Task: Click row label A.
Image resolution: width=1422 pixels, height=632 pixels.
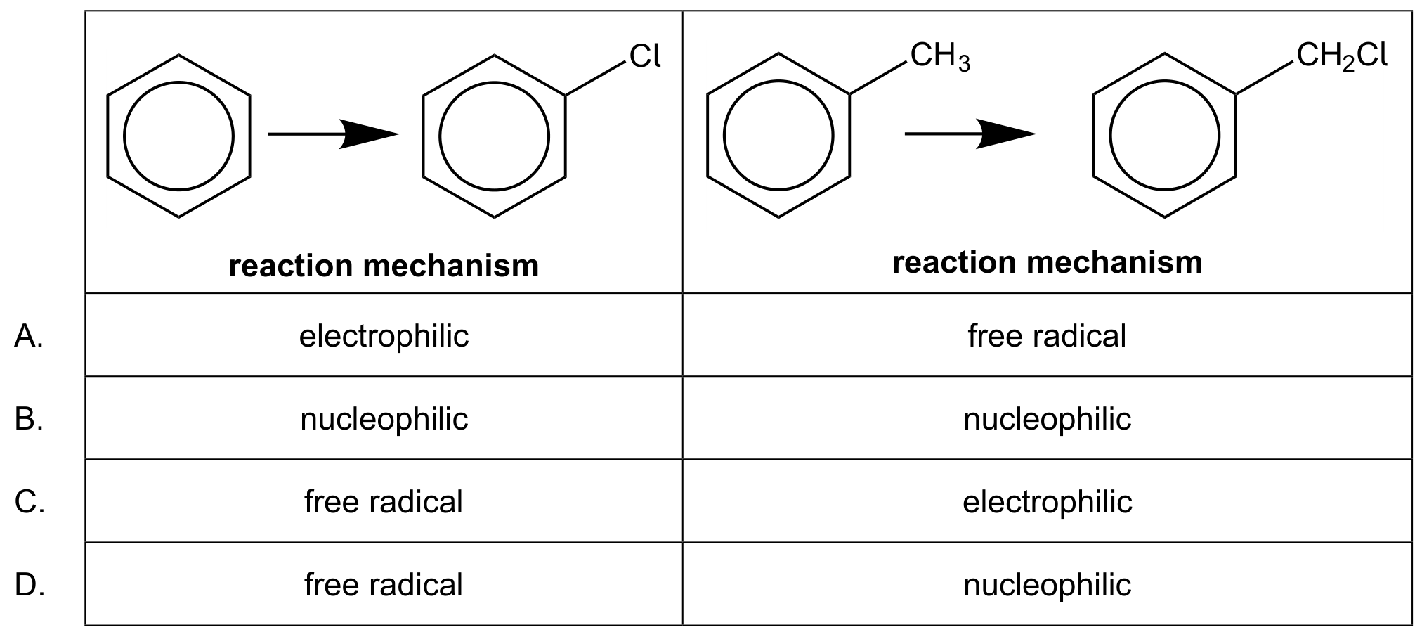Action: coord(29,336)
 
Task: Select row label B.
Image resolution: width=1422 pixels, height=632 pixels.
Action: coord(29,419)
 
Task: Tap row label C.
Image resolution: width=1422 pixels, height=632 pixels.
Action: coord(30,502)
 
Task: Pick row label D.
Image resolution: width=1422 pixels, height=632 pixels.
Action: coord(30,585)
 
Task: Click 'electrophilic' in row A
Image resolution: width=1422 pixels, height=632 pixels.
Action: coord(384,336)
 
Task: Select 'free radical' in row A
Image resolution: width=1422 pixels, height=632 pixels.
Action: coord(1047,336)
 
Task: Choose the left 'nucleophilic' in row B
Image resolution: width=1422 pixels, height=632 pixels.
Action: coord(384,419)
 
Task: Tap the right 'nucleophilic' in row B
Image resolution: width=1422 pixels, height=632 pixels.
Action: coord(1047,419)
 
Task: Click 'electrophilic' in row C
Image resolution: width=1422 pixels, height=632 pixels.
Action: coord(1047,502)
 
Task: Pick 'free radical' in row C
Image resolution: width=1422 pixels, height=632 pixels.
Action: coord(384,502)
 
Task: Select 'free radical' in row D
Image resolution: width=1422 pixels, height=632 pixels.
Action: coord(384,585)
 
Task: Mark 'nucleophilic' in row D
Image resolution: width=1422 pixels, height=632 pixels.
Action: coord(1047,585)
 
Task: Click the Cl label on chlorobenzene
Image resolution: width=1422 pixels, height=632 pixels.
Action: coord(645,56)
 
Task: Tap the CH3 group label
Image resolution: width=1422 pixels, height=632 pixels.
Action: coord(940,57)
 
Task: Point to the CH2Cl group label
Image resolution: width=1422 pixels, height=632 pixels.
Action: coord(1342,56)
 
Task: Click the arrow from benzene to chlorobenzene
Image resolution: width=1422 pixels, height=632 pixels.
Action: coord(333,134)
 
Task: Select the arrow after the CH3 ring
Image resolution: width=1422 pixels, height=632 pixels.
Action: coord(970,134)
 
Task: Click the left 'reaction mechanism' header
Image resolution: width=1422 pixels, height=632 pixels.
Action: coord(384,266)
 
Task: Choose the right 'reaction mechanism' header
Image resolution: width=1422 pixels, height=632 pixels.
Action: coord(1047,262)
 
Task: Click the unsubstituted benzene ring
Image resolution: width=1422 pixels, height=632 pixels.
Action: coord(178,82)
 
